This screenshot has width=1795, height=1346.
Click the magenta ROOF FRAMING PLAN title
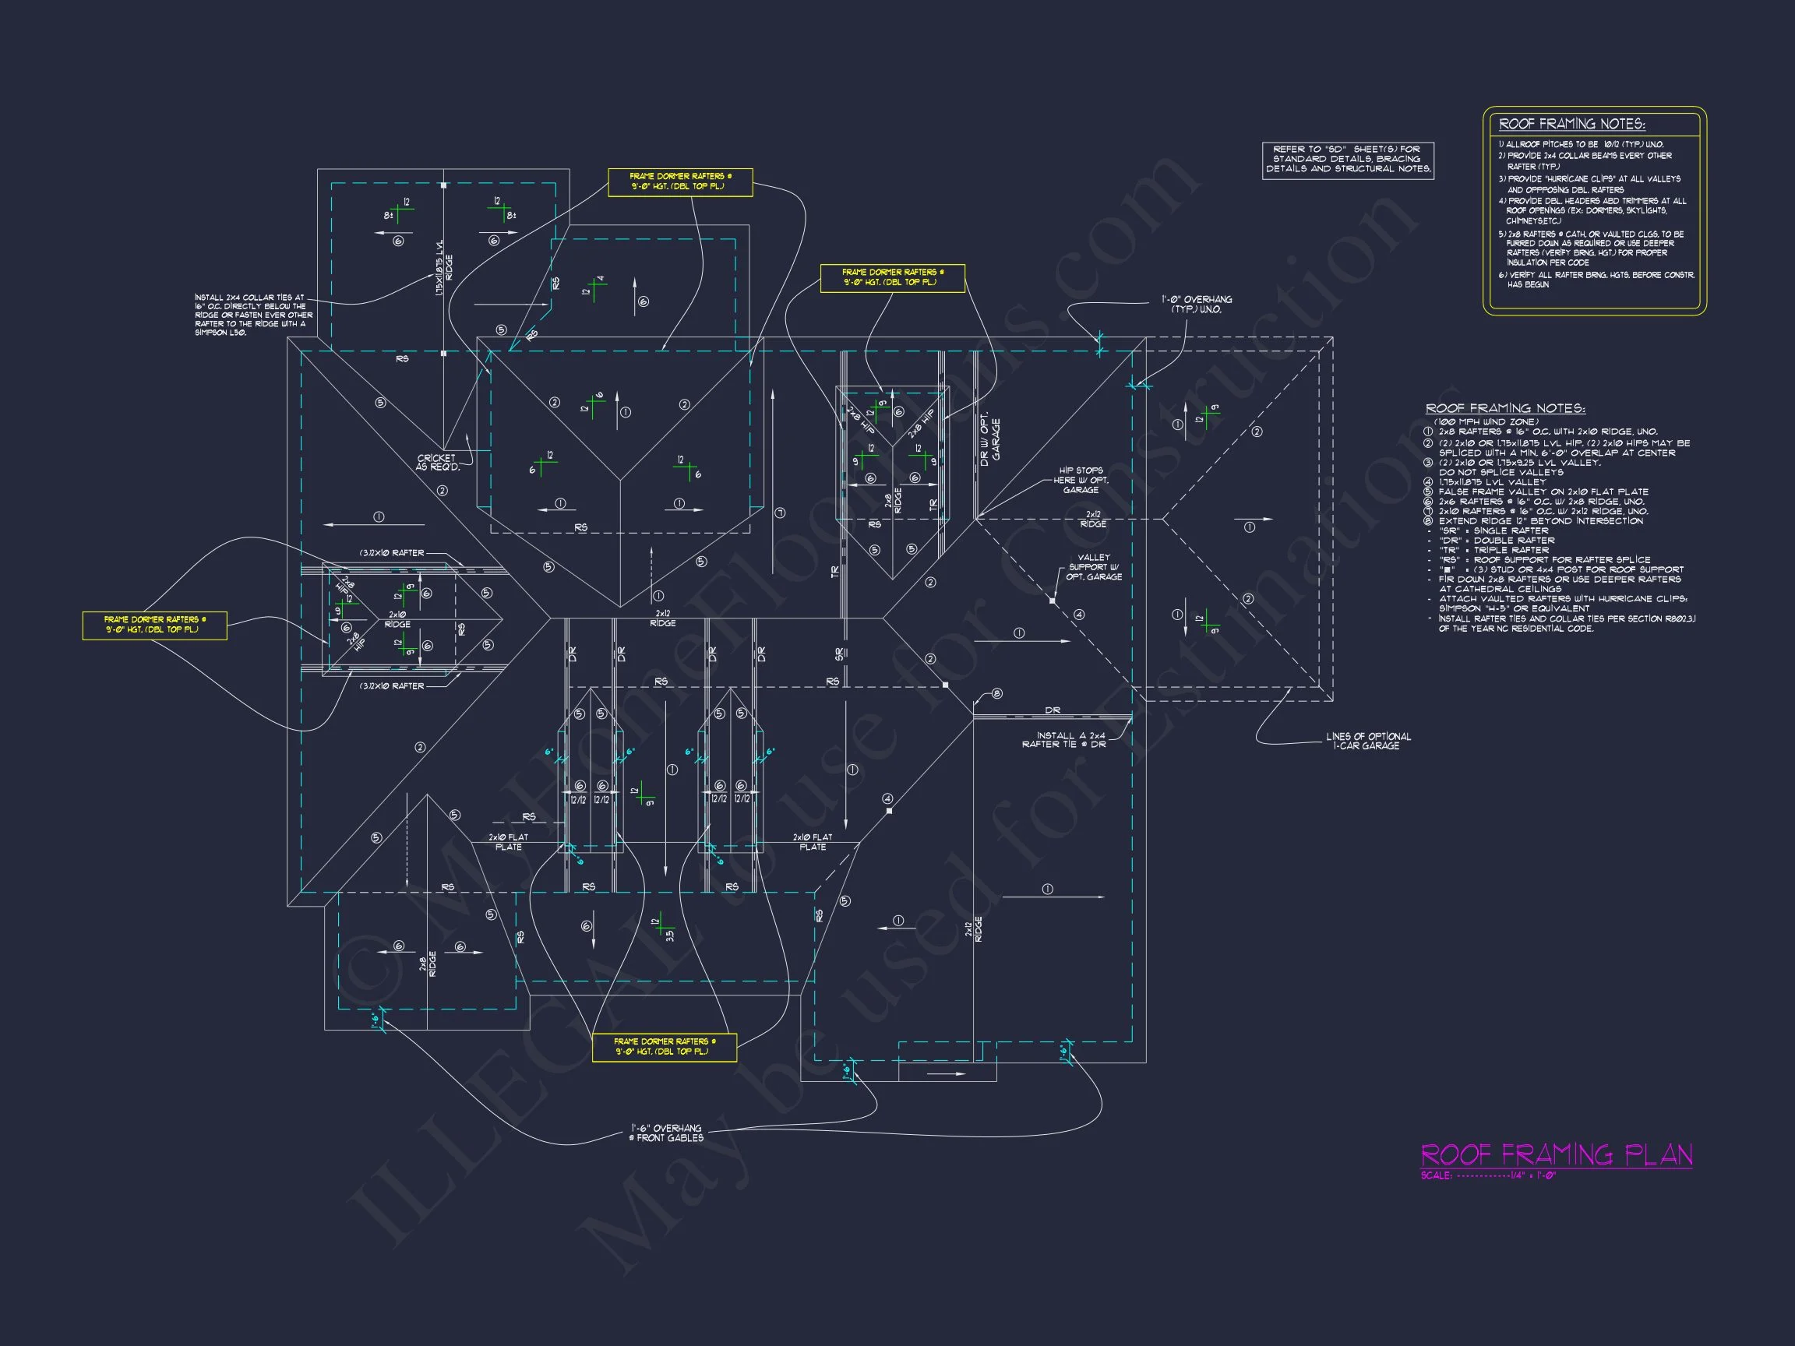[1556, 1154]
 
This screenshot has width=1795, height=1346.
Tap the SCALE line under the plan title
[1488, 1175]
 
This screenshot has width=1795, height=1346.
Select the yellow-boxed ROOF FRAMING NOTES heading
[1571, 124]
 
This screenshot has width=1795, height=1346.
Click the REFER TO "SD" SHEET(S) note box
[1347, 159]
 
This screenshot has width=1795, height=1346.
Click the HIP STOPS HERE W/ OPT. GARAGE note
[1081, 480]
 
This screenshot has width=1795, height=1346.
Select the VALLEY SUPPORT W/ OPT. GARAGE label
[1093, 567]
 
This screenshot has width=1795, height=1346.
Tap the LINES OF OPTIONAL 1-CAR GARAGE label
[1368, 741]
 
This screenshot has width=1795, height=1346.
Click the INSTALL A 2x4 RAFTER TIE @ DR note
[1064, 740]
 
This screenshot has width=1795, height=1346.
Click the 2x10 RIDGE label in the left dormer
[397, 620]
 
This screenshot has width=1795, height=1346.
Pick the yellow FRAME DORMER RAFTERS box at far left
[154, 625]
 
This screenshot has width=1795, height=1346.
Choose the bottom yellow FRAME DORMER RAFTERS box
[664, 1047]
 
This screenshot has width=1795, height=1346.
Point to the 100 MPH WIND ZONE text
[1485, 422]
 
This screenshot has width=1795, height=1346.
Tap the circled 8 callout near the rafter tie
[997, 694]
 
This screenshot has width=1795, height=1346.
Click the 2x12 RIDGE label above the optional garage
[1092, 520]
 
